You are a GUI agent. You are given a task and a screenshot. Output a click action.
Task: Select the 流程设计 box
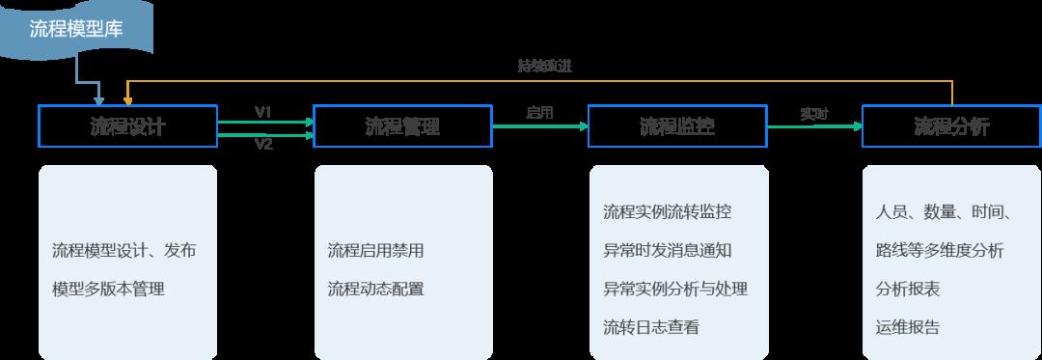click(x=127, y=126)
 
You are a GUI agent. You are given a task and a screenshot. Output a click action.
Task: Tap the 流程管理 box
click(x=402, y=126)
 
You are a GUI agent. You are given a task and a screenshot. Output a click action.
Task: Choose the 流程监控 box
click(x=677, y=126)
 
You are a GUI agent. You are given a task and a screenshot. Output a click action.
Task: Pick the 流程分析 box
click(x=951, y=126)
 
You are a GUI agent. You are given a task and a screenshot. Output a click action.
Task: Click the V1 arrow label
click(x=263, y=112)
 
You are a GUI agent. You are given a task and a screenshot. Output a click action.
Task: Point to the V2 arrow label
click(x=263, y=145)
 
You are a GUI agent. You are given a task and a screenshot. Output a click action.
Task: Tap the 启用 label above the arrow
click(x=539, y=112)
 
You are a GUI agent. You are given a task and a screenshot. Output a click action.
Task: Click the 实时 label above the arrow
click(x=813, y=113)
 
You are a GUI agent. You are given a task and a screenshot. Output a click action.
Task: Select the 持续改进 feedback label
click(x=545, y=67)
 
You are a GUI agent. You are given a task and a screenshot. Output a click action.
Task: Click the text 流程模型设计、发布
click(x=124, y=251)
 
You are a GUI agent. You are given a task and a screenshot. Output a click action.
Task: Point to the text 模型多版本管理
click(x=108, y=289)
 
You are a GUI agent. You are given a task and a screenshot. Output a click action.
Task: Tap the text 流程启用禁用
click(x=375, y=251)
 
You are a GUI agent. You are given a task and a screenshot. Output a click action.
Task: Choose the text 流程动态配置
click(x=375, y=289)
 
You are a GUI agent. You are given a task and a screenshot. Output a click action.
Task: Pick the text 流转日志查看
click(x=651, y=327)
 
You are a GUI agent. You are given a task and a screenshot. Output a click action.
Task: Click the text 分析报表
click(x=908, y=289)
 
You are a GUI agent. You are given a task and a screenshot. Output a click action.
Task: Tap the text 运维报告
click(x=908, y=327)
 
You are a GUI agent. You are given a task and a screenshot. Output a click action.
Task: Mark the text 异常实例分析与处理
click(x=675, y=289)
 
